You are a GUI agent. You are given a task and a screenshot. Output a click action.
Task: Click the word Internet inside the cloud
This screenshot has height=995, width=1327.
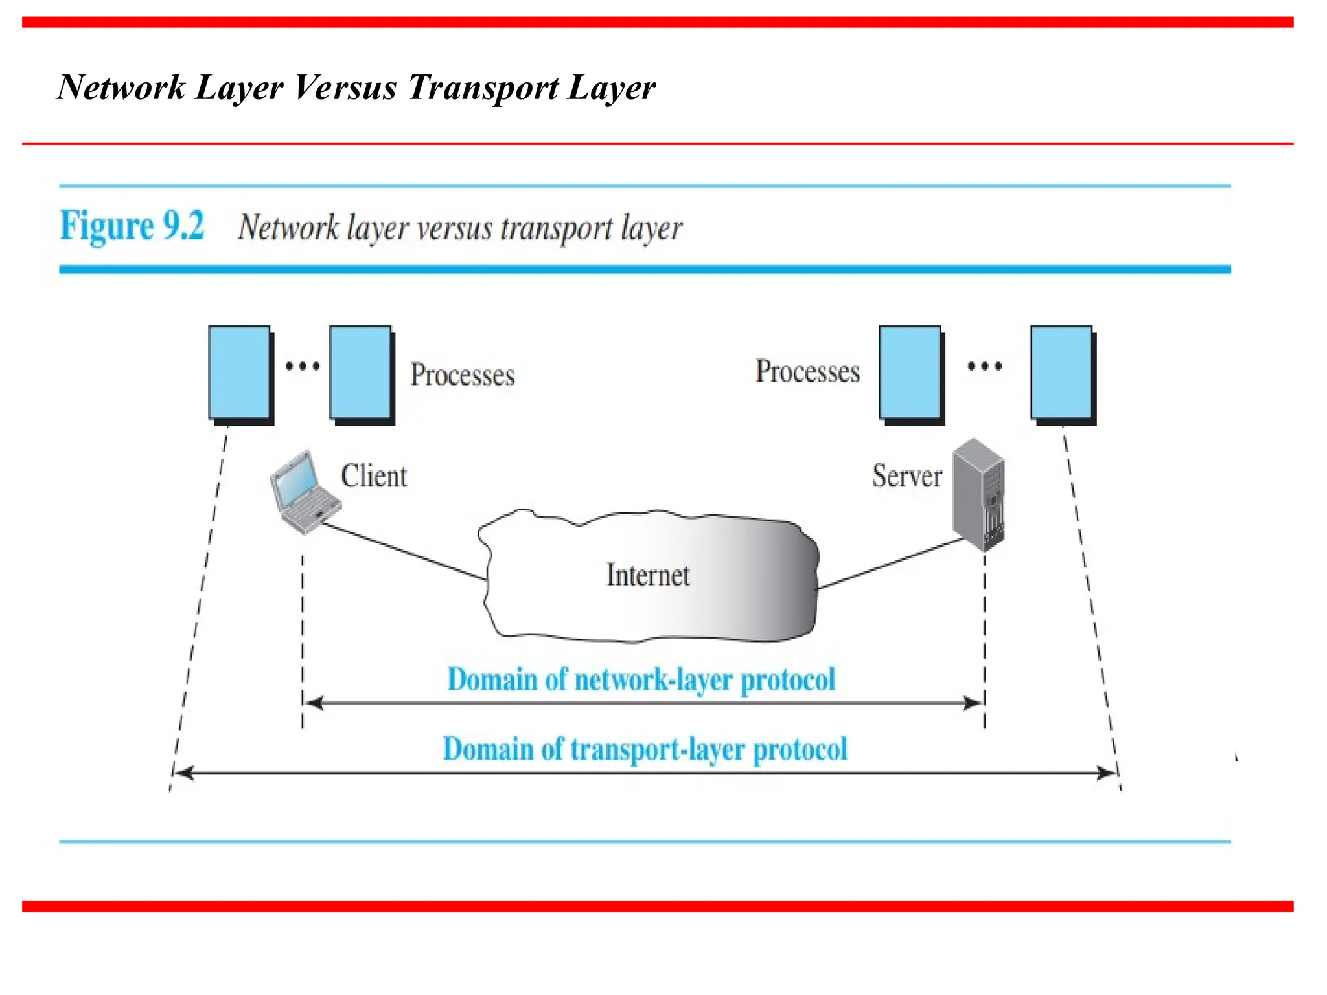point(647,575)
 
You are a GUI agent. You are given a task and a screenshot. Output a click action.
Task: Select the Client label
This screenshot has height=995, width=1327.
point(374,477)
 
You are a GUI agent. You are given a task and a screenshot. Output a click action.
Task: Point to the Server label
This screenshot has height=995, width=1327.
point(906,477)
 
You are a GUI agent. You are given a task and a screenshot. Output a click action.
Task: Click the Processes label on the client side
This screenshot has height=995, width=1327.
point(462,376)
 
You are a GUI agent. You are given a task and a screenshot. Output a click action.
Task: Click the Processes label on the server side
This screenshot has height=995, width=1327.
point(807,372)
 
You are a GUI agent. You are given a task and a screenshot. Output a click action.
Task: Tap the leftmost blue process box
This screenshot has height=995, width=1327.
point(239,373)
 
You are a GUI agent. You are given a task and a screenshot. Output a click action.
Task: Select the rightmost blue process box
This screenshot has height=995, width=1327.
point(1061,373)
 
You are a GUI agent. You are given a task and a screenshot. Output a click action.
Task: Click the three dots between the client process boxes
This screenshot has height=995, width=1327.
point(303,367)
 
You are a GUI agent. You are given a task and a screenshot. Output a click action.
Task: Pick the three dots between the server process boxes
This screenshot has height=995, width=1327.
point(984,367)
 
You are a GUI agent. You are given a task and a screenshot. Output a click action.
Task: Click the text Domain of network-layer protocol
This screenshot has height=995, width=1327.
point(641,680)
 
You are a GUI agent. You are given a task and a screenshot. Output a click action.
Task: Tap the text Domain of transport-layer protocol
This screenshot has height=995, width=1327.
point(645,749)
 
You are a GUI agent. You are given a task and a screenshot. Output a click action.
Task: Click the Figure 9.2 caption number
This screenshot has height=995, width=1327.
point(132,226)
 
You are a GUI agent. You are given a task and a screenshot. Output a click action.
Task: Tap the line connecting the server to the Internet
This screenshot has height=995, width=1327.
point(891,563)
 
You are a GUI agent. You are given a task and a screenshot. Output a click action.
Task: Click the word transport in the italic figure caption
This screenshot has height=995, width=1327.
point(556,229)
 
